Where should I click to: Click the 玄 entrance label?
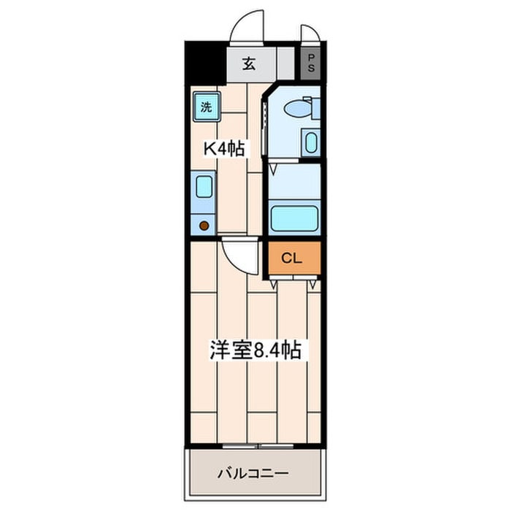[249, 64]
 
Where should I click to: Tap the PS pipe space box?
[310, 64]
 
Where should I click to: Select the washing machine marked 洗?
[207, 107]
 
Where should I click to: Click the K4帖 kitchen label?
[224, 149]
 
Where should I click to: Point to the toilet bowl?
[298, 109]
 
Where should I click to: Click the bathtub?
[295, 218]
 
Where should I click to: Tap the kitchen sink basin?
[204, 186]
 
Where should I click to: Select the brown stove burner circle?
[204, 225]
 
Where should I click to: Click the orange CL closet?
[294, 258]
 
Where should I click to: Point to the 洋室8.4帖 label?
[255, 350]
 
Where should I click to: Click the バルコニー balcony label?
[253, 472]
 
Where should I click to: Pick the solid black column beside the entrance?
[204, 63]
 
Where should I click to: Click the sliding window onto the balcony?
[258, 447]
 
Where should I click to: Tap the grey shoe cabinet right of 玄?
[285, 64]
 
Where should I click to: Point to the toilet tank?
[316, 108]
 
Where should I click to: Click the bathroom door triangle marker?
[274, 169]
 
